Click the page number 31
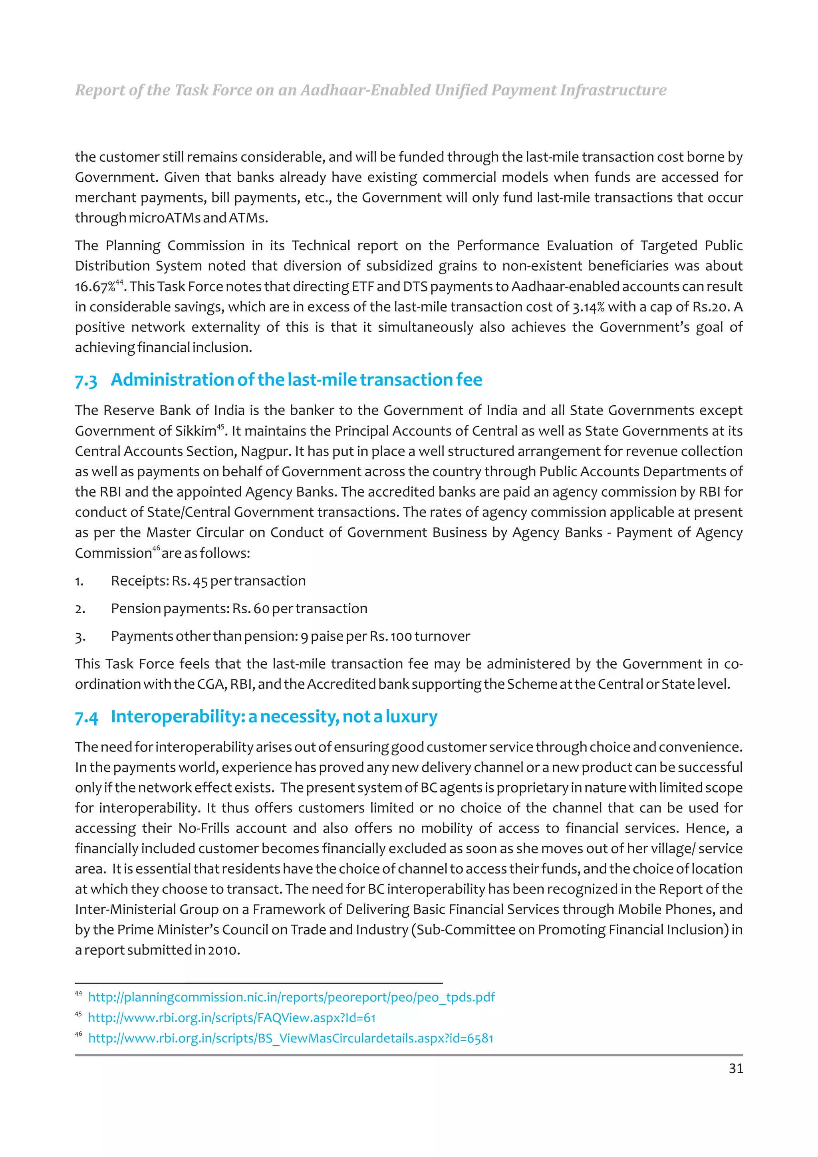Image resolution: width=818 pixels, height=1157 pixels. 735,1068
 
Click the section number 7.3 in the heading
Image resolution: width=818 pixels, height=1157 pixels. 86,380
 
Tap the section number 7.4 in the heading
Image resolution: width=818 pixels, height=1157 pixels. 86,717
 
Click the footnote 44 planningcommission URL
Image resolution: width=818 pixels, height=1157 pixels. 291,997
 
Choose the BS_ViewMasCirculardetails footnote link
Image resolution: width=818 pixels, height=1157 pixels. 291,1038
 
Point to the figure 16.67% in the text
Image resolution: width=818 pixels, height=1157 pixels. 95,287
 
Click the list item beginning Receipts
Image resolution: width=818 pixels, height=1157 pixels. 208,581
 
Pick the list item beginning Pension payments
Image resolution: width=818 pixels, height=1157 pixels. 239,609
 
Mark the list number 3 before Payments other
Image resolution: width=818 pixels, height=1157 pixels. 79,637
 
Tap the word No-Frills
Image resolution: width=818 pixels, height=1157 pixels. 204,828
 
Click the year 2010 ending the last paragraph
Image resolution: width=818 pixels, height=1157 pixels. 223,950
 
